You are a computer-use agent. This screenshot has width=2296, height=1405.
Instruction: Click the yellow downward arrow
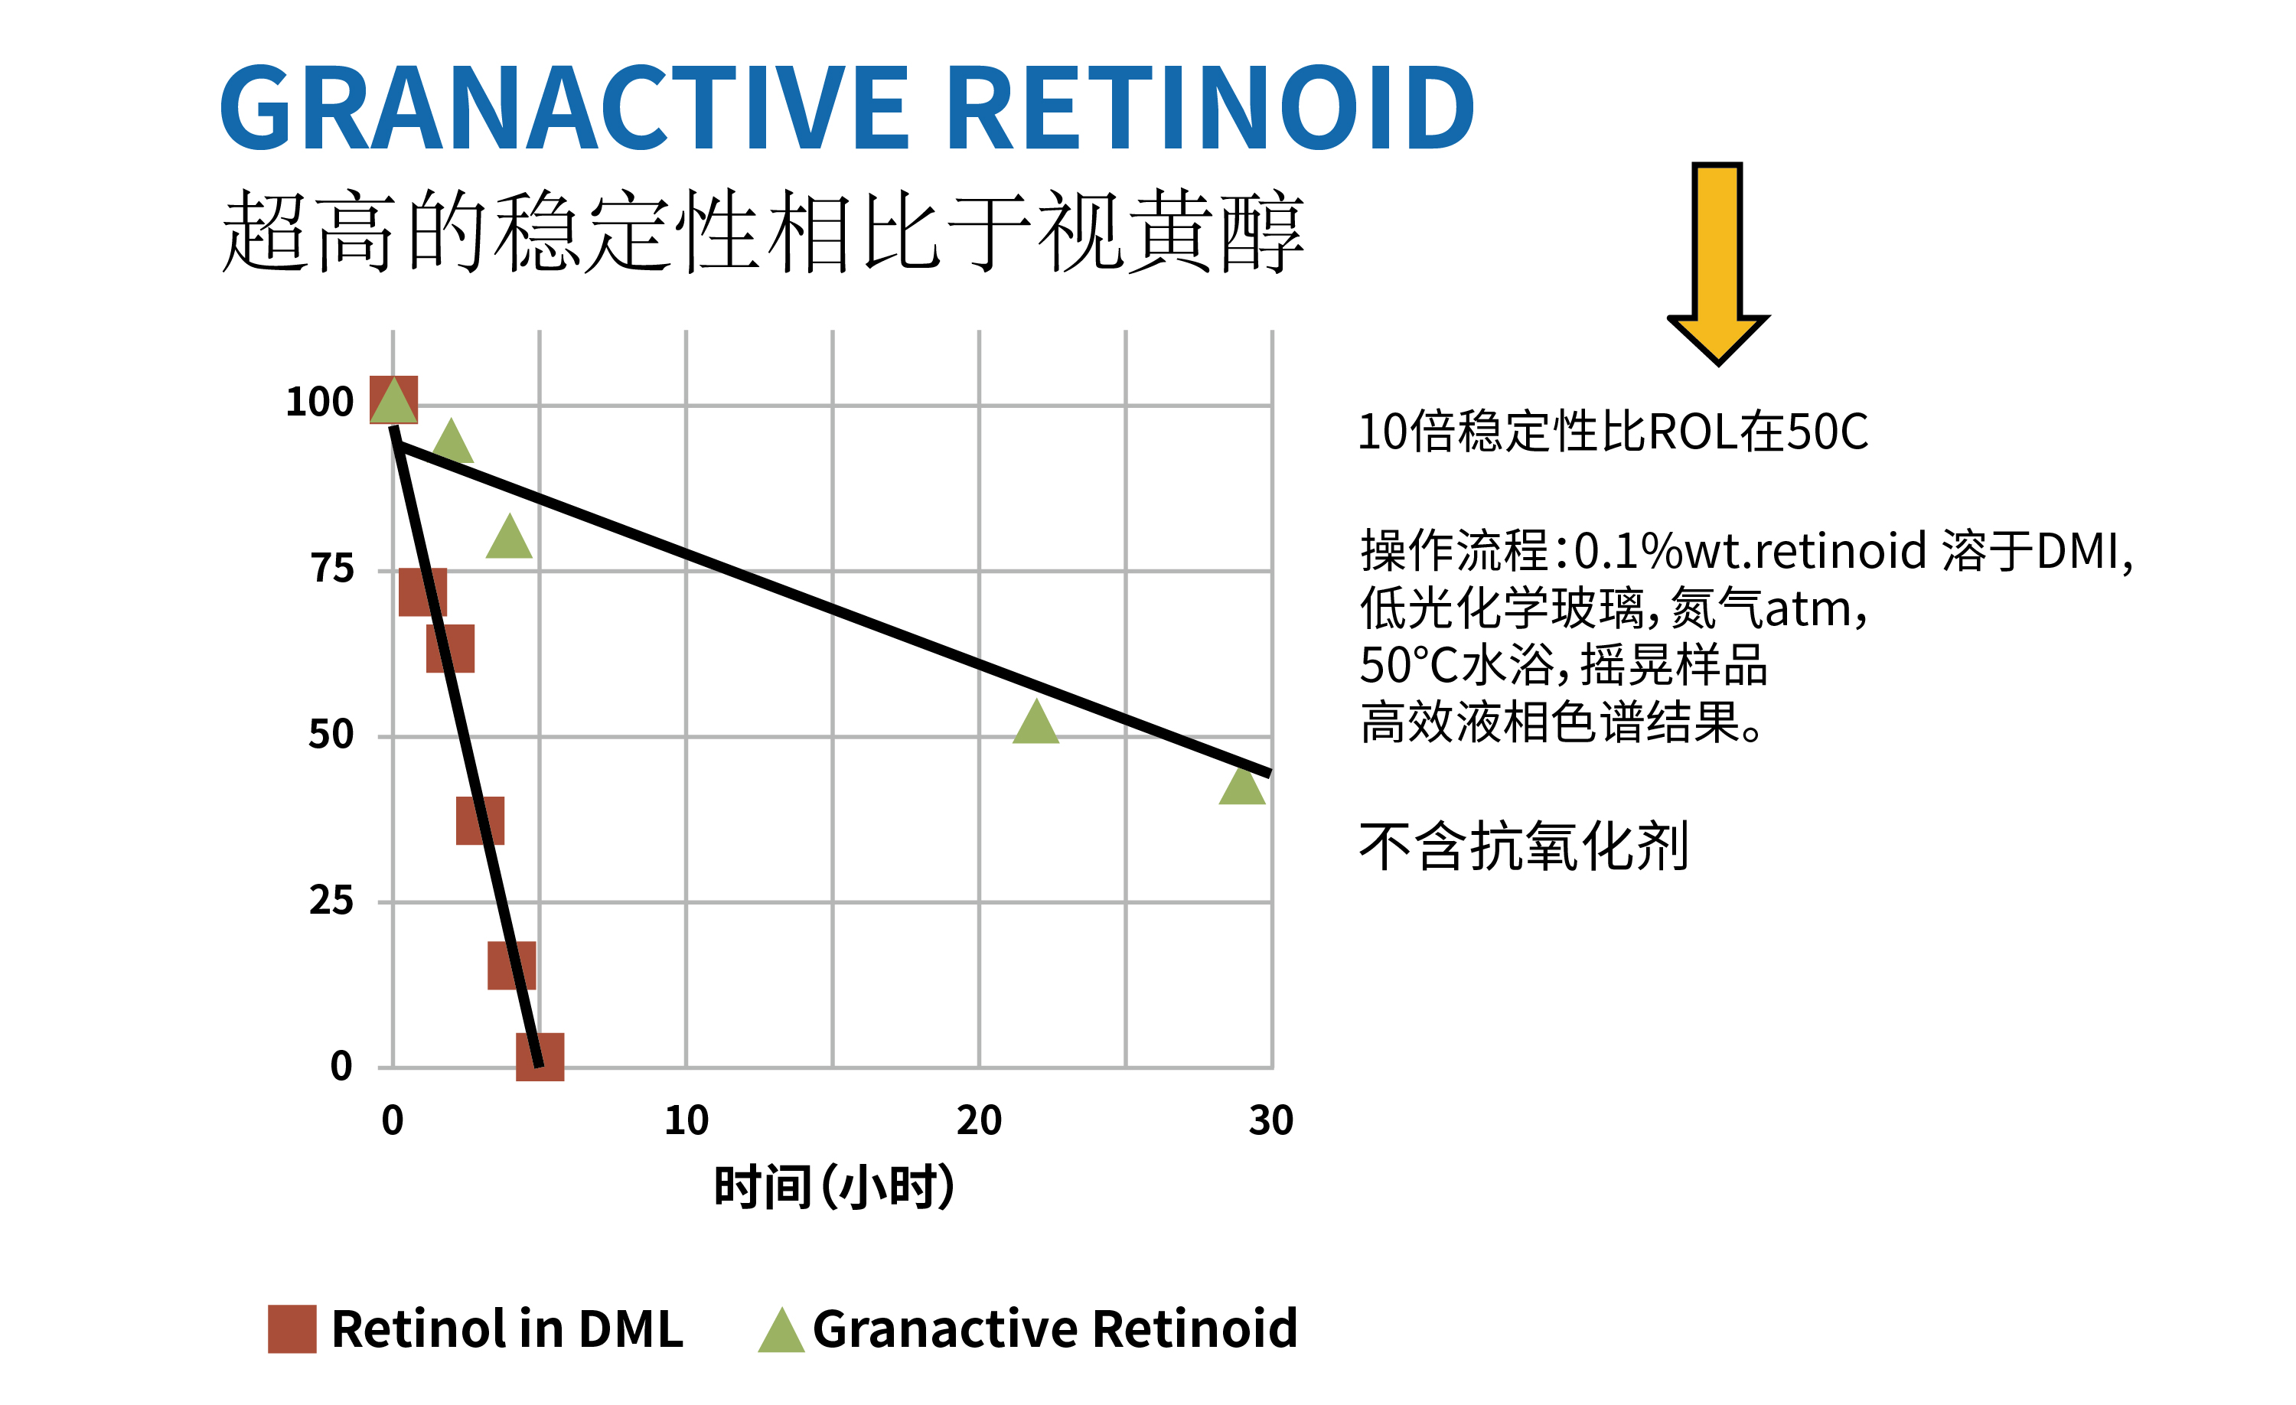1717,261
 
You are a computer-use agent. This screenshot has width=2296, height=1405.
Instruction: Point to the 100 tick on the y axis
320,403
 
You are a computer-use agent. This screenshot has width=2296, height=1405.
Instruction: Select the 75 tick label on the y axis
331,569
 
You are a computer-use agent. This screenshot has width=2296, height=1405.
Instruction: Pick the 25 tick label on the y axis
331,900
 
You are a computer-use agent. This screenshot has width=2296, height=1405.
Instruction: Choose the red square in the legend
292,1328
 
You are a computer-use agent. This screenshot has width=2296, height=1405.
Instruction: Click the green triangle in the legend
781,1331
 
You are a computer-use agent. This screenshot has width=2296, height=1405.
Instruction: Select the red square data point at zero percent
540,1057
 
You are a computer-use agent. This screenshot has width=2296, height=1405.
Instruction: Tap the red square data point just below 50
480,821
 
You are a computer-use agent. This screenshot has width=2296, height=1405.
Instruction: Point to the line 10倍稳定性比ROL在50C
1612,432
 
